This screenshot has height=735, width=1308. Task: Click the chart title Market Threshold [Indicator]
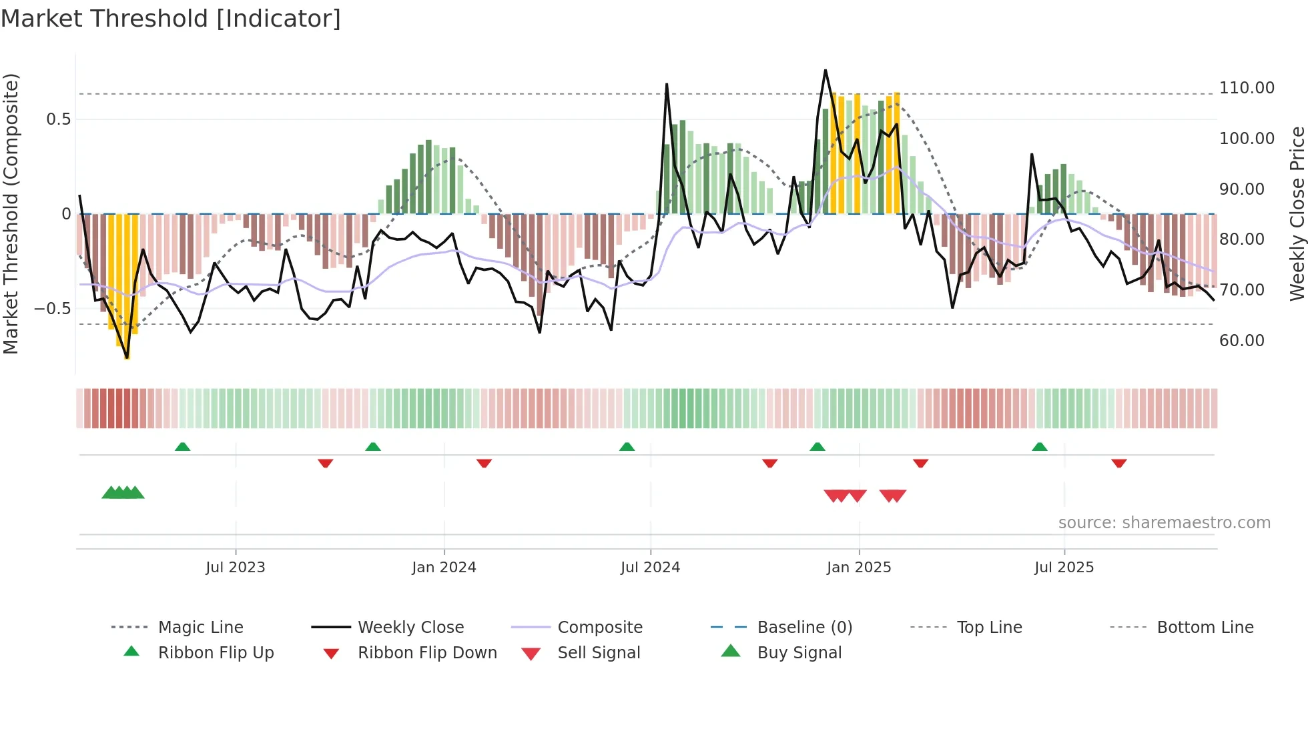(171, 19)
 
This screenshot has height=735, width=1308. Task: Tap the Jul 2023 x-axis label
(235, 568)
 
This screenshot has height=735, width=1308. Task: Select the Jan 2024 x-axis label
(444, 568)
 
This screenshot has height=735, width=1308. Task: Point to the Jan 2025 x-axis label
(859, 568)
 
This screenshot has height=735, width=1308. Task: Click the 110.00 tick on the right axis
(1247, 88)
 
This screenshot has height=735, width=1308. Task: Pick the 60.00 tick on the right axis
(1241, 341)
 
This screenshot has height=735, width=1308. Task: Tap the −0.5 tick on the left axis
(52, 309)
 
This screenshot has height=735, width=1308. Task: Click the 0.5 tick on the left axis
(58, 119)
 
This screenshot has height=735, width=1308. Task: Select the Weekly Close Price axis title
(1297, 213)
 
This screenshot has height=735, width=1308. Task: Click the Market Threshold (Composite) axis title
(11, 213)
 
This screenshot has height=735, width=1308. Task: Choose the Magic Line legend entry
(200, 628)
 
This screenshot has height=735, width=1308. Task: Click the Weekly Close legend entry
(410, 628)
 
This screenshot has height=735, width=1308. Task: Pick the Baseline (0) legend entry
(804, 628)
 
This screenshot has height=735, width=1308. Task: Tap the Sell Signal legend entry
(599, 653)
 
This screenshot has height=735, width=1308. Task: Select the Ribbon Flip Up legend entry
(216, 653)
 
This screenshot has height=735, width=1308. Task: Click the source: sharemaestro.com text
(1164, 523)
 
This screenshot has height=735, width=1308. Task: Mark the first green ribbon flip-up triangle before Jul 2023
(182, 447)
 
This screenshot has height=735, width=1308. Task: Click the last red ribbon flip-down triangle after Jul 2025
(1119, 463)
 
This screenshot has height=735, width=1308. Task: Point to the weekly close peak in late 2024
(826, 70)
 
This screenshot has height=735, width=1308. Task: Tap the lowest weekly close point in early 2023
(127, 358)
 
